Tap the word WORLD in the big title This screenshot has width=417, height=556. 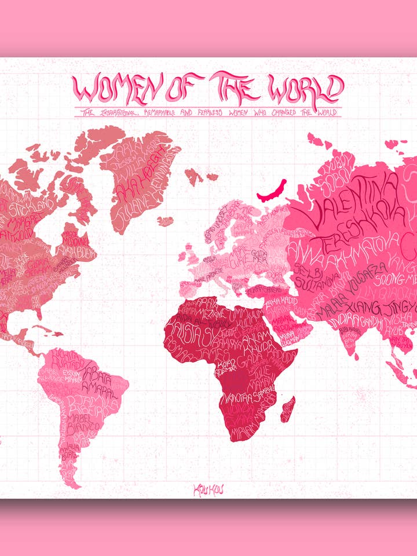point(301,88)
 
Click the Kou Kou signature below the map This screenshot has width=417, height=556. point(209,489)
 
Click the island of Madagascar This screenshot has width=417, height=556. point(287,408)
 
